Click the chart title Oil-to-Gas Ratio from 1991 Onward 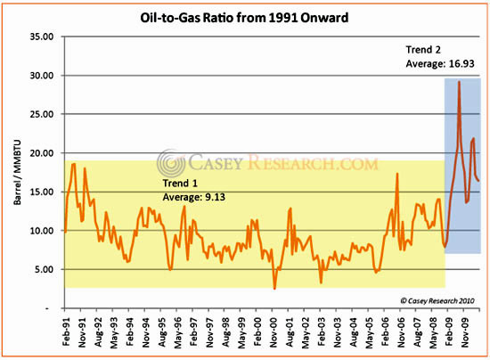point(245,16)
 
